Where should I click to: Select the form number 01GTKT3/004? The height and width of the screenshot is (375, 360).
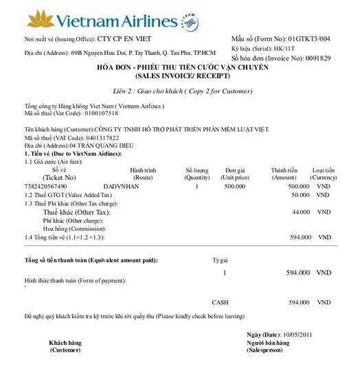pyautogui.click(x=309, y=38)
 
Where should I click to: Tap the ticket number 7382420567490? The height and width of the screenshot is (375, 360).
pyautogui.click(x=45, y=186)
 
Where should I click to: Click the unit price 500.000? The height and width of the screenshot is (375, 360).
pyautogui.click(x=234, y=186)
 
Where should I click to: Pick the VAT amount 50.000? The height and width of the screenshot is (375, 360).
pyautogui.click(x=300, y=195)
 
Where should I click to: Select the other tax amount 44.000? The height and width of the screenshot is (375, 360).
pyautogui.click(x=300, y=212)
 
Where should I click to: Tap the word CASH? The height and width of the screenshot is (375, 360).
pyautogui.click(x=220, y=302)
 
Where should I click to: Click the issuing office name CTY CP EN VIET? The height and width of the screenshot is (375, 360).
pyautogui.click(x=124, y=39)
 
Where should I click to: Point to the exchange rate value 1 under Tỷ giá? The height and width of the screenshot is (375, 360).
pyautogui.click(x=224, y=273)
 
